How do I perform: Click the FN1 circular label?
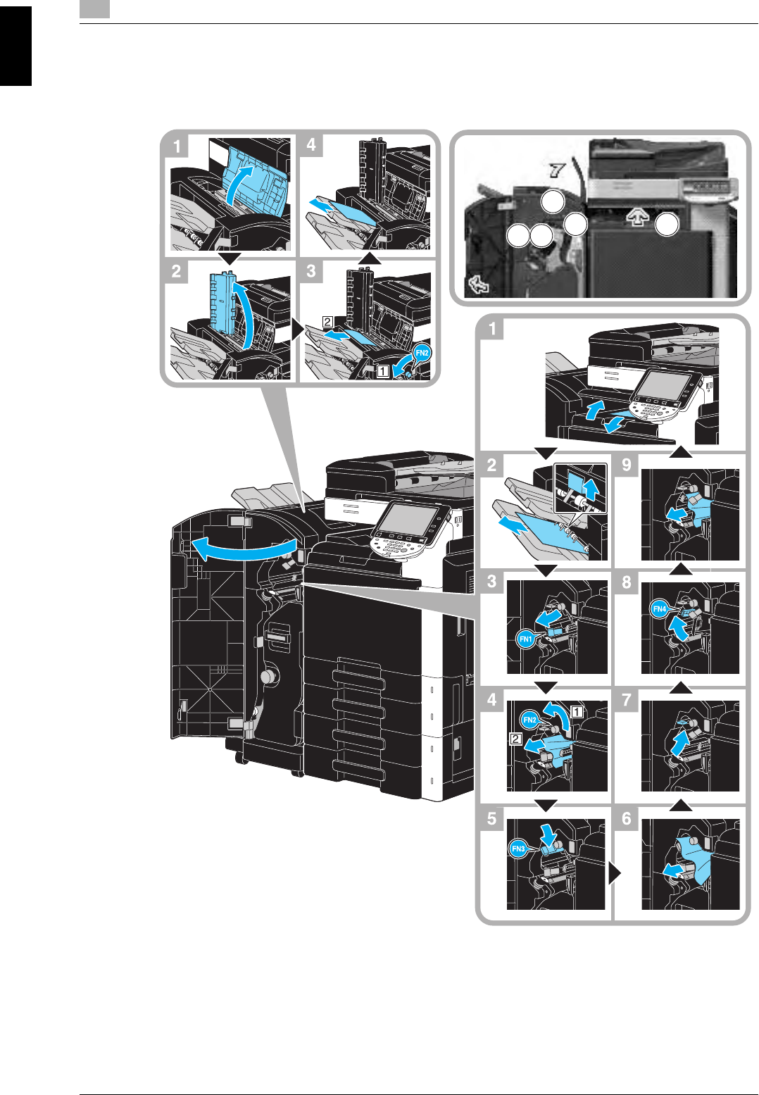click(x=525, y=639)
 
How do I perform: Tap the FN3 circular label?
click(x=518, y=849)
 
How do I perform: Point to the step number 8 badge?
click(x=626, y=582)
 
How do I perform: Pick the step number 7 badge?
click(x=626, y=700)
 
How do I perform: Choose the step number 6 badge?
click(x=626, y=818)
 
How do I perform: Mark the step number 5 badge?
click(x=491, y=818)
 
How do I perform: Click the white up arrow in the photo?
click(x=636, y=218)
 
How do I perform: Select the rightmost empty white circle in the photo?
click(x=667, y=225)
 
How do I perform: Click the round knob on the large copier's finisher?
click(x=268, y=677)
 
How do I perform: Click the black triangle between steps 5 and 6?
click(x=615, y=873)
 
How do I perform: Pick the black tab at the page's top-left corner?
click(x=15, y=46)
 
